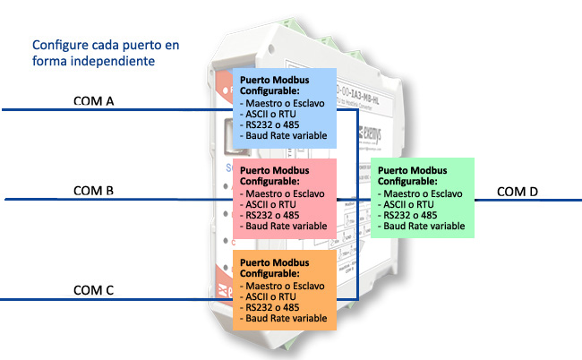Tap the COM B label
tap(93, 190)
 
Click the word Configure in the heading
tap(58, 44)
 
